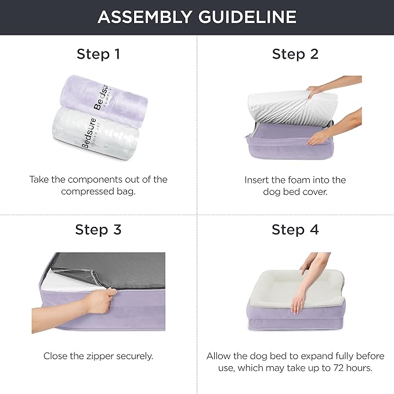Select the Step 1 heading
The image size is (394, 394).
(x=98, y=55)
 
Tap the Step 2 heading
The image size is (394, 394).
(x=295, y=55)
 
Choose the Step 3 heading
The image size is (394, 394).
(x=98, y=229)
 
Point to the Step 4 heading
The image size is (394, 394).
(x=295, y=229)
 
